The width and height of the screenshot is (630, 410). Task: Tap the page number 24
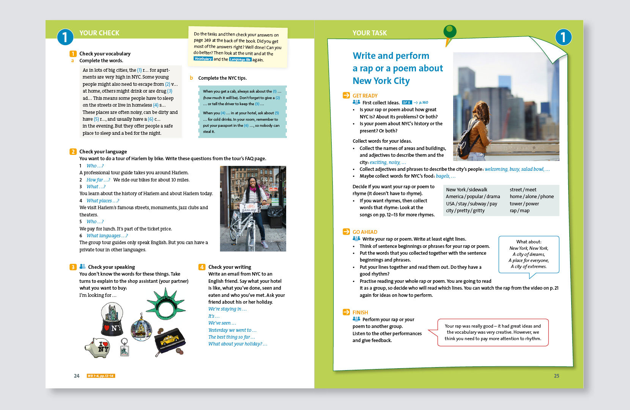(77, 376)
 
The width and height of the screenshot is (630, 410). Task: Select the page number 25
(556, 376)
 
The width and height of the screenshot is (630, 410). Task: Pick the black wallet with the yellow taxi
(170, 341)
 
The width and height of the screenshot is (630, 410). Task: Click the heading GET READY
(365, 96)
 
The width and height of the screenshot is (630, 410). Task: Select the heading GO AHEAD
(365, 232)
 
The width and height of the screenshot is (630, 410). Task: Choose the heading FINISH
(360, 312)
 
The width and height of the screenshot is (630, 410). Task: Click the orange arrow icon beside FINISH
(346, 312)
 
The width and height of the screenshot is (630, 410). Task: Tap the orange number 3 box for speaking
(73, 267)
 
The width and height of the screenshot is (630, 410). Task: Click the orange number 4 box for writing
(202, 267)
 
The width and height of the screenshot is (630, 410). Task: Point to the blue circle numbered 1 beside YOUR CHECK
(65, 37)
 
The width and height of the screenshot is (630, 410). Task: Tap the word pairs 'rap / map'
(520, 211)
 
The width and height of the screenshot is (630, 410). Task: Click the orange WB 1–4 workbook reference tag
(101, 376)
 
